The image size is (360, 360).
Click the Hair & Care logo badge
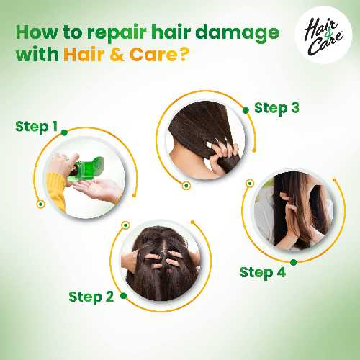[x=323, y=35]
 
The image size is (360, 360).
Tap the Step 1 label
[x=36, y=127]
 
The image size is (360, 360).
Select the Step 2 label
[x=91, y=297]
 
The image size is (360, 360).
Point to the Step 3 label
[x=276, y=108]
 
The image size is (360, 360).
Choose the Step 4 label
[x=263, y=273]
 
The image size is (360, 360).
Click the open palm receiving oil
[x=98, y=190]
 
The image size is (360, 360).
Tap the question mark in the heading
[x=183, y=55]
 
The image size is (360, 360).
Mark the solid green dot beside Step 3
[x=246, y=110]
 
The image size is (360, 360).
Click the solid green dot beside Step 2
[x=123, y=296]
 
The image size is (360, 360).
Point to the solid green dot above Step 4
[x=293, y=262]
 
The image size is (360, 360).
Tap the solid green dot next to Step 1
[x=64, y=132]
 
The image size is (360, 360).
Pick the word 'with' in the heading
[x=37, y=54]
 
